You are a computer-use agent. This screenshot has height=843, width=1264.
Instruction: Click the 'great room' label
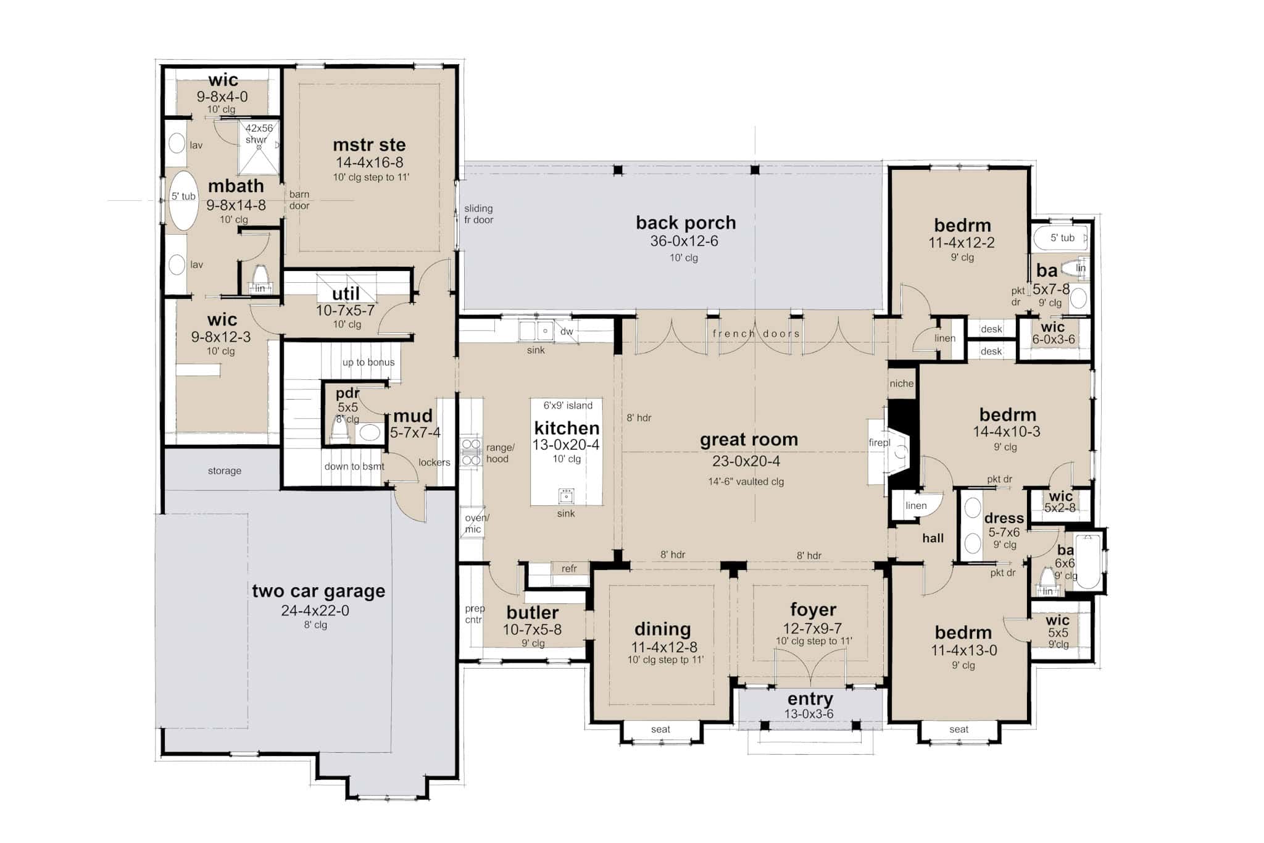749,440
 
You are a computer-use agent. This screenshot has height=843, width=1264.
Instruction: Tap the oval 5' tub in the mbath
184,201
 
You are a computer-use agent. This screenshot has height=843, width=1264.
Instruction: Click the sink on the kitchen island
566,495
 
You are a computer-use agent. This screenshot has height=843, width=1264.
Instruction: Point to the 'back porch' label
686,223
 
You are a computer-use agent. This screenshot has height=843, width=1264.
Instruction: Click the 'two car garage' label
318,591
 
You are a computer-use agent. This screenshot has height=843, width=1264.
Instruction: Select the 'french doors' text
756,333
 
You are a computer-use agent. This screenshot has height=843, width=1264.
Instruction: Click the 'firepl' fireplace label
879,443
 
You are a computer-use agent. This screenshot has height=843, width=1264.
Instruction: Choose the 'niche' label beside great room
901,384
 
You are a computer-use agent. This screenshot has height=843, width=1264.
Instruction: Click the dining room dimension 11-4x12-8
664,647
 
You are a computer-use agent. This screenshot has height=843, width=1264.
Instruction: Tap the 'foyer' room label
813,610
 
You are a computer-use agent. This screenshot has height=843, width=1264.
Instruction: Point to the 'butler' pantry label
533,613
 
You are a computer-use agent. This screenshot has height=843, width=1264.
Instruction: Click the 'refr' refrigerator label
569,568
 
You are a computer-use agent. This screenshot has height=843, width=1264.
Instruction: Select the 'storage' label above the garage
224,471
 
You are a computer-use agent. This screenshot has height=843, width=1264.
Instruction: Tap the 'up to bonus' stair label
368,363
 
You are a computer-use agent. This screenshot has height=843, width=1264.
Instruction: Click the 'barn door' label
299,199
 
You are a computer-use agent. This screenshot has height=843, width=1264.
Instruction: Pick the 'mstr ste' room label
369,145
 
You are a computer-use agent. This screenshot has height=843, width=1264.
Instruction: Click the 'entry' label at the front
810,699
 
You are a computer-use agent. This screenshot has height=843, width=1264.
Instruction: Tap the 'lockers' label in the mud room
434,462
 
